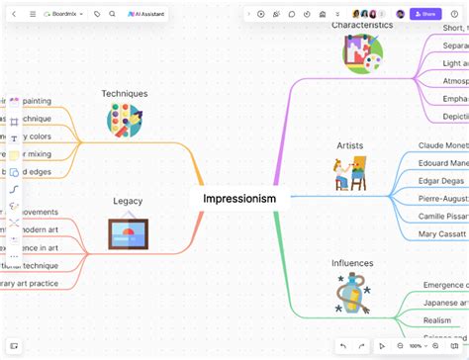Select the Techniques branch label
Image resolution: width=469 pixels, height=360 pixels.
[125, 94]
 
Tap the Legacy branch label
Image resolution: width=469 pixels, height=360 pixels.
[128, 201]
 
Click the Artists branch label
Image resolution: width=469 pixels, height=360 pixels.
[350, 145]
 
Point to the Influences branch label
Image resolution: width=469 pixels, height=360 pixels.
[352, 263]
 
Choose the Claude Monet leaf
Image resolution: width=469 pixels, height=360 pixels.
[442, 145]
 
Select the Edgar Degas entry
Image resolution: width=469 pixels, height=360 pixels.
[441, 181]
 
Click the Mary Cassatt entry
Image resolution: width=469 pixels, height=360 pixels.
[442, 234]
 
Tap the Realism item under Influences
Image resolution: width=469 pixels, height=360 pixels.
[437, 320]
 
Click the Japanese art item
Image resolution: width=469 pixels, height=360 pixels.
[443, 303]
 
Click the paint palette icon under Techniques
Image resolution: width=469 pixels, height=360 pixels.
[125, 121]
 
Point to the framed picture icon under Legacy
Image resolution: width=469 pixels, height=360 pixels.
[128, 233]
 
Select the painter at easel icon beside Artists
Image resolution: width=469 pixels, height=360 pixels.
[350, 173]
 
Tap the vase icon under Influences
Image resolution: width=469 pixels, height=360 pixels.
[352, 294]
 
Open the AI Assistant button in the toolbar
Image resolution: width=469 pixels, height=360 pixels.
[146, 14]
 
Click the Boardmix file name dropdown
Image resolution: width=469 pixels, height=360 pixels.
[64, 14]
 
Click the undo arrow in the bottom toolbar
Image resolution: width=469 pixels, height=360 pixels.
[342, 346]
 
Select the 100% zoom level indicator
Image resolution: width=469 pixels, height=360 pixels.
[416, 346]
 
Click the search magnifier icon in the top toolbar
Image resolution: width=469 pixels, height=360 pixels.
[113, 14]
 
